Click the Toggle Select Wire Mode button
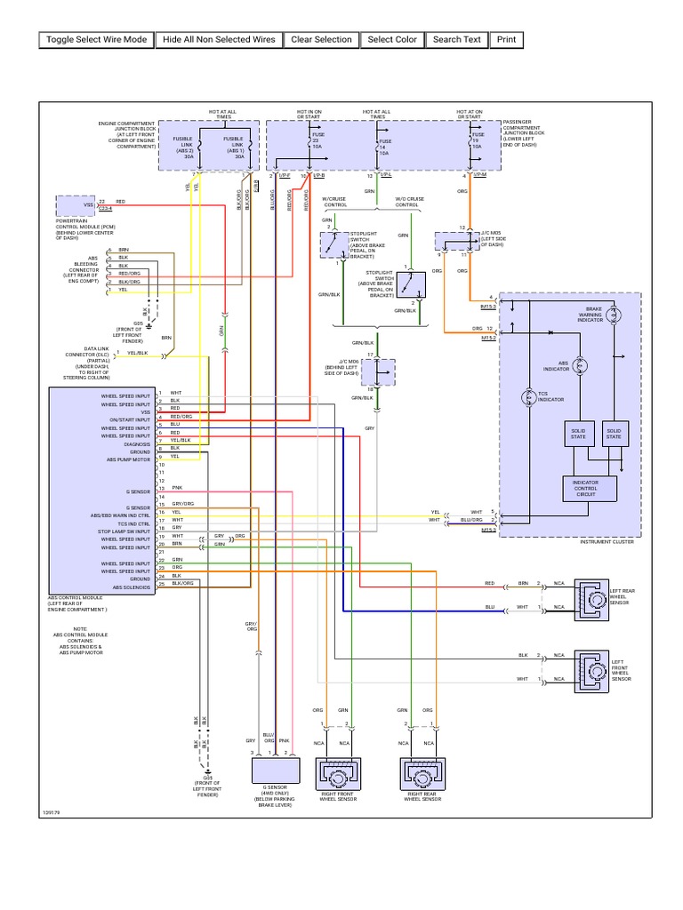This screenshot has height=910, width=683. click(96, 40)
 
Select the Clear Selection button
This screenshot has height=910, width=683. click(320, 40)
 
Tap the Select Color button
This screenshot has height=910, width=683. click(392, 40)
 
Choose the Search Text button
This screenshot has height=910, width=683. click(457, 40)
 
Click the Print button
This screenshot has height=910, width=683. click(506, 40)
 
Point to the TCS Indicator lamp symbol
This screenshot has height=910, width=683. click(530, 395)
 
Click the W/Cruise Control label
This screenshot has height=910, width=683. click(333, 202)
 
